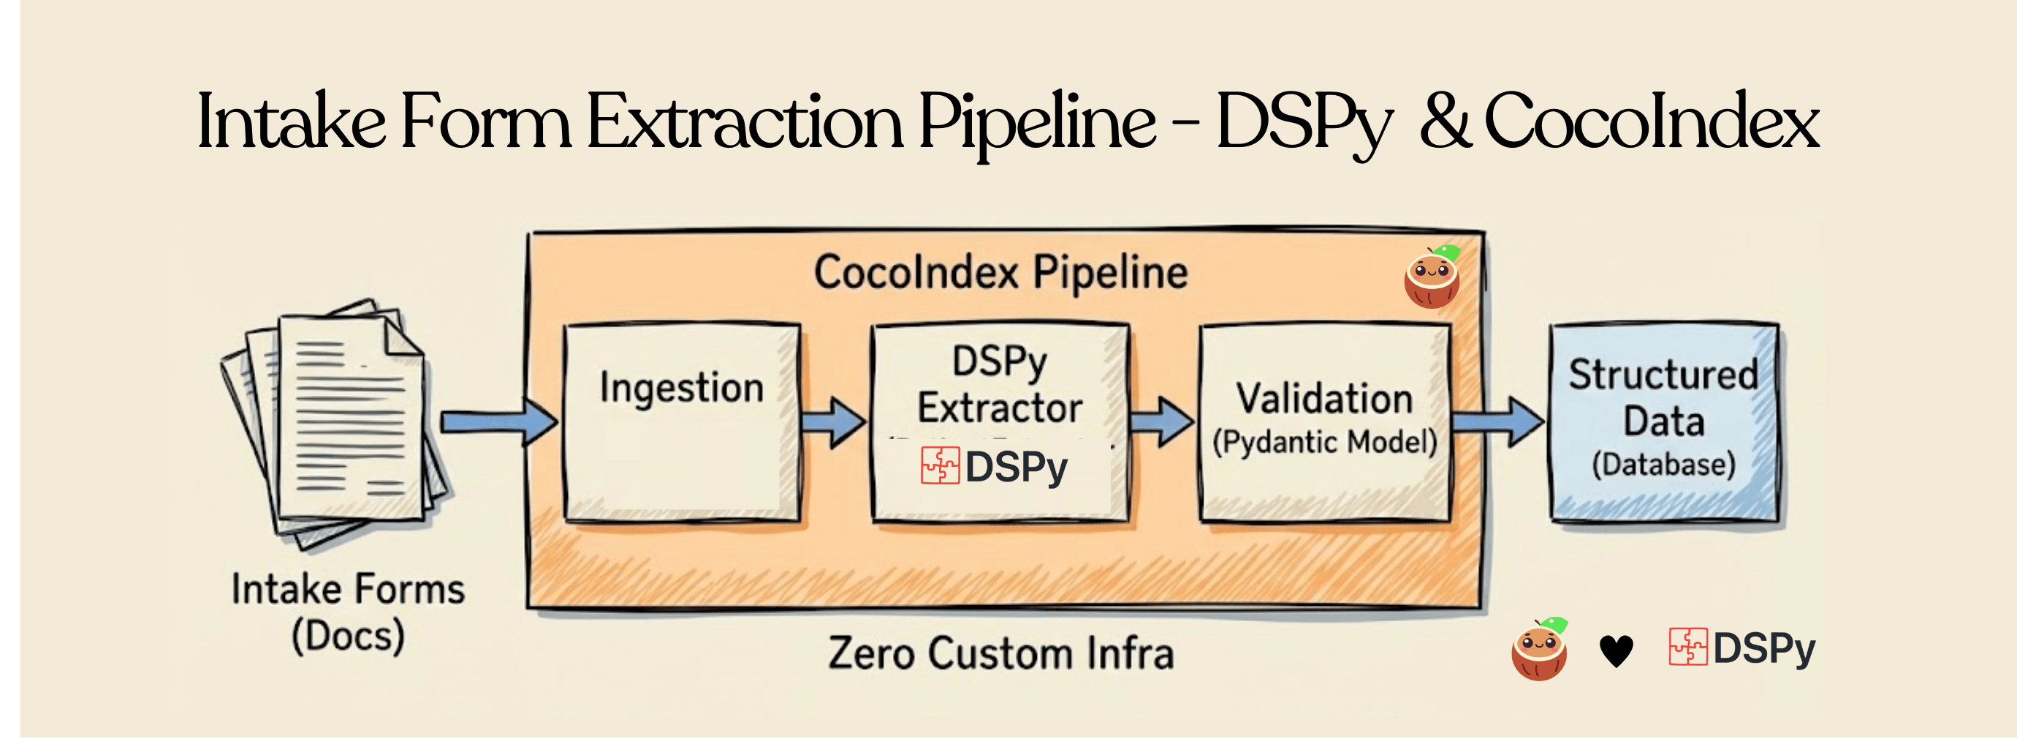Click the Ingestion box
tap(681, 423)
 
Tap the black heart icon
tap(1615, 650)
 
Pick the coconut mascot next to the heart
tap(1539, 650)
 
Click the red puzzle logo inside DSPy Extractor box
tap(940, 465)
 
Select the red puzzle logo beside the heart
tap(1687, 648)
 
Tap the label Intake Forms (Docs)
tap(348, 612)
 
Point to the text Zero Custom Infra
tap(1000, 653)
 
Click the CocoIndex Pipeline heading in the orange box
tap(1000, 273)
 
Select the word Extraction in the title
tap(745, 121)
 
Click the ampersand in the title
tap(1446, 121)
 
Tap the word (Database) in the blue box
tap(1664, 465)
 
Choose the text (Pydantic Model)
tap(1325, 442)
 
